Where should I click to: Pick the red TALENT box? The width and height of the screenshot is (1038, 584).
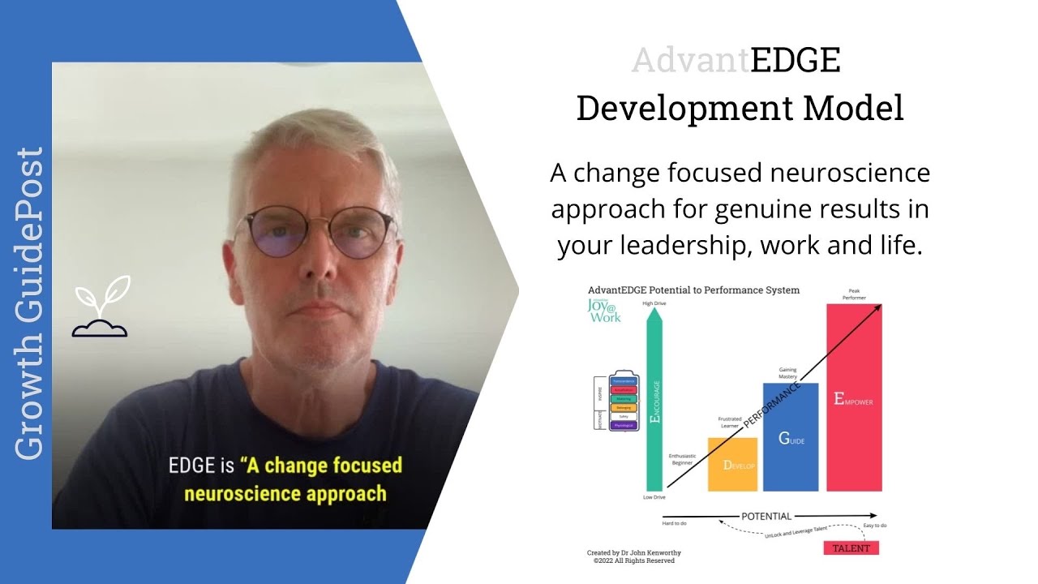(851, 548)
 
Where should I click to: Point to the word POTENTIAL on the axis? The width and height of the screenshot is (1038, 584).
(766, 516)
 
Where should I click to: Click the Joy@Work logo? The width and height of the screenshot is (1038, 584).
(604, 311)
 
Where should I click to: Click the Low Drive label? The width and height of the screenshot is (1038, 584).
(654, 496)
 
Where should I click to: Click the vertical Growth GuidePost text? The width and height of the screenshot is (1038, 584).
(30, 303)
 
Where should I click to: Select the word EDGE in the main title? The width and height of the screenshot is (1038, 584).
(795, 61)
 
